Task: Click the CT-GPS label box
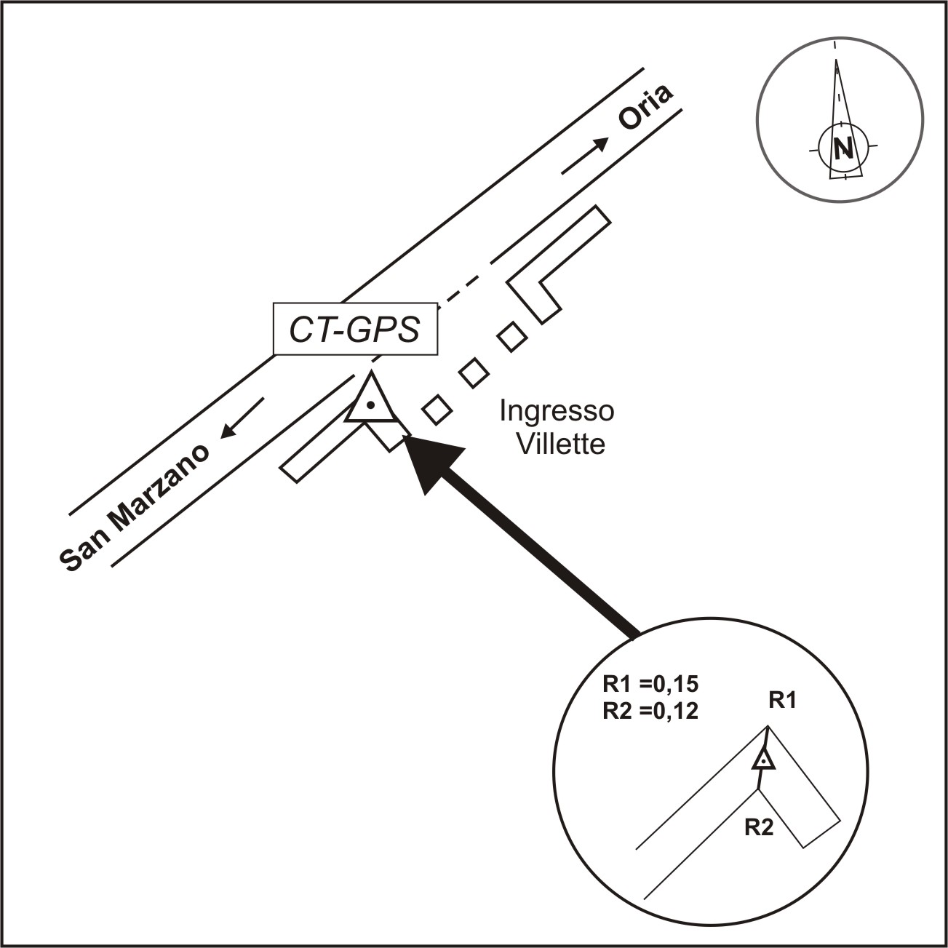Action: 355,329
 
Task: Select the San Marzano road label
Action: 135,506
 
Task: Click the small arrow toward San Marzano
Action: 242,418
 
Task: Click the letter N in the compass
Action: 843,148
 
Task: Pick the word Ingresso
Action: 557,411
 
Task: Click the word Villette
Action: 560,443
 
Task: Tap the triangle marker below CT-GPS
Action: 371,402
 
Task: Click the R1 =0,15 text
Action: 650,685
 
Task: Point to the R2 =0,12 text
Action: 650,711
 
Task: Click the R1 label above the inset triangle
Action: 782,701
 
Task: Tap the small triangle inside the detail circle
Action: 763,760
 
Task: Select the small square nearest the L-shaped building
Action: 512,336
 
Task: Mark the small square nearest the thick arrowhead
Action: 437,410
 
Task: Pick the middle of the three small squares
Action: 474,373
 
